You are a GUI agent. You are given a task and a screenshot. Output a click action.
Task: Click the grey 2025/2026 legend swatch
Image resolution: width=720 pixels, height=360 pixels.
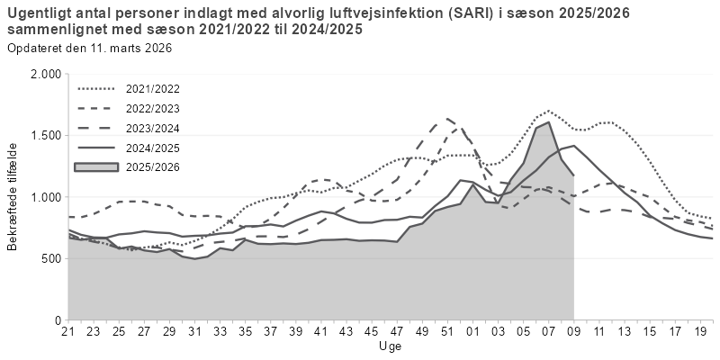click(97, 166)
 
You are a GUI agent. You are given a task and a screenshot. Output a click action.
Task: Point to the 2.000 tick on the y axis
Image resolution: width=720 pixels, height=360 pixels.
click(45, 74)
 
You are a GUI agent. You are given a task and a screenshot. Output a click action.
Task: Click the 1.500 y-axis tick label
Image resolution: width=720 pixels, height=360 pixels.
click(45, 135)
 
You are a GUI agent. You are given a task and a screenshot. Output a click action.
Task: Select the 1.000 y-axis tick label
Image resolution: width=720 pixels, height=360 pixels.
click(45, 197)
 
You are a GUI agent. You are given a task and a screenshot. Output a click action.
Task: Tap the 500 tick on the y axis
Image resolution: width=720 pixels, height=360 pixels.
click(50, 258)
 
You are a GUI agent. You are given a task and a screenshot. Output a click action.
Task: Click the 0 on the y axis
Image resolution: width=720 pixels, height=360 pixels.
click(57, 319)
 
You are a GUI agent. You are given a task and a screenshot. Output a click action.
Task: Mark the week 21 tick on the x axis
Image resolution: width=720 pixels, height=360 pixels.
click(67, 331)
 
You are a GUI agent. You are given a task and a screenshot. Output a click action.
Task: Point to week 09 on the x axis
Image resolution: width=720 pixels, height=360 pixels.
click(573, 331)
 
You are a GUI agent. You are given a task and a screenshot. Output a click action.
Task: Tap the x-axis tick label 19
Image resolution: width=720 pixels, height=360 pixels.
click(699, 331)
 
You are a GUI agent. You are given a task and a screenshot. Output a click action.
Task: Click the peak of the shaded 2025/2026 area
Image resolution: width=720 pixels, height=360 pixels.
click(548, 122)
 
